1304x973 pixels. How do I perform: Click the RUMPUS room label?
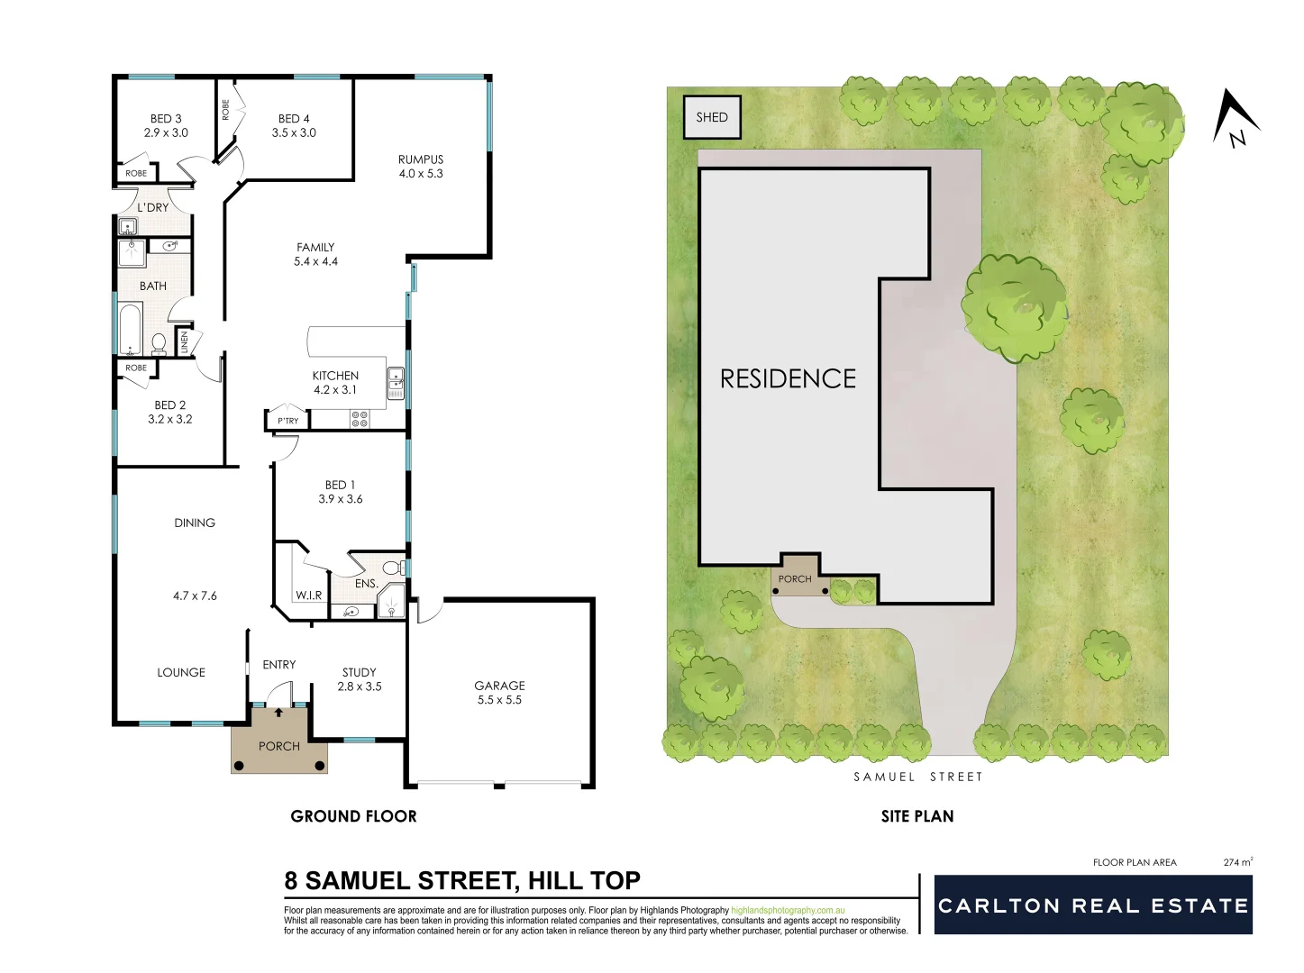421,159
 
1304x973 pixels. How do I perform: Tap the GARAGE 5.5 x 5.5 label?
499,692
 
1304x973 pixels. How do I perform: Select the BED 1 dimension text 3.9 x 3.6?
340,499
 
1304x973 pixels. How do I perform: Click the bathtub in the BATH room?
130,329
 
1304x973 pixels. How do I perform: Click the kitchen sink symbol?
396,382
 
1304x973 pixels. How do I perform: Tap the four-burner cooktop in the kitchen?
360,419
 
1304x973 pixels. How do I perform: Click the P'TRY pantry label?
287,421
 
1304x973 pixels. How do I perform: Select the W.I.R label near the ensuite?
308,596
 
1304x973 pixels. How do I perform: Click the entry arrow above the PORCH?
278,713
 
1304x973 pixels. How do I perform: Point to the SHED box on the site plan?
712,117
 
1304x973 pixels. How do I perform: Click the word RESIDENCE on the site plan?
788,378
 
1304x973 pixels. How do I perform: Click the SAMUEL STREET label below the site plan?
917,777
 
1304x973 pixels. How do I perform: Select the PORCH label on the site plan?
795,579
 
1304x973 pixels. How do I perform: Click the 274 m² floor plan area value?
1237,862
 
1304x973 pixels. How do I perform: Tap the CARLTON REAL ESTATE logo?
1093,905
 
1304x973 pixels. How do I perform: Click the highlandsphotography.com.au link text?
789,911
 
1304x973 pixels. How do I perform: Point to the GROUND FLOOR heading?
353,816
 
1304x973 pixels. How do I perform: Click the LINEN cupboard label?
185,342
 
